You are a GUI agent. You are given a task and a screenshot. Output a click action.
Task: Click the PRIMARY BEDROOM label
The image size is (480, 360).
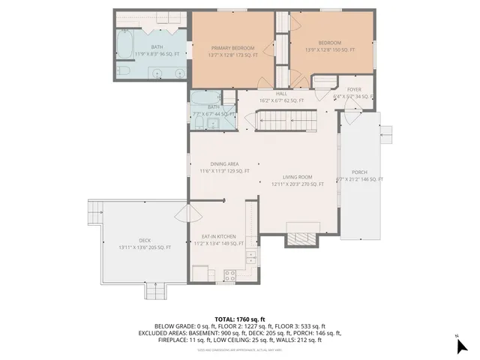click(234, 47)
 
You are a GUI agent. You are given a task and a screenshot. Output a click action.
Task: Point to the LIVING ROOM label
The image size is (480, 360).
click(297, 176)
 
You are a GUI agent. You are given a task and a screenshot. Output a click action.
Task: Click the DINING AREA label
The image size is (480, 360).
click(224, 163)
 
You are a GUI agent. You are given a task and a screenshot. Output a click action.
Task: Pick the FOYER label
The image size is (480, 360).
click(354, 89)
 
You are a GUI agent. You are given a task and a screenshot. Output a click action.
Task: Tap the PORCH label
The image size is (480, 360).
click(359, 172)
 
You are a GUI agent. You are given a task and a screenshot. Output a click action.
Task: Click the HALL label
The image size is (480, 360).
click(281, 93)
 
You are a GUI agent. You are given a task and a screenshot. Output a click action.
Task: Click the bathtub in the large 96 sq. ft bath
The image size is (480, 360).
click(125, 46)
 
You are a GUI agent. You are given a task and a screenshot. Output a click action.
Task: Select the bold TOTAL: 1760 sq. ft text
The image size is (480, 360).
click(239, 319)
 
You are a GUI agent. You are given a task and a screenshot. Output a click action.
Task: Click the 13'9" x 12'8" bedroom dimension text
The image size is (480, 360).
click(331, 49)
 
